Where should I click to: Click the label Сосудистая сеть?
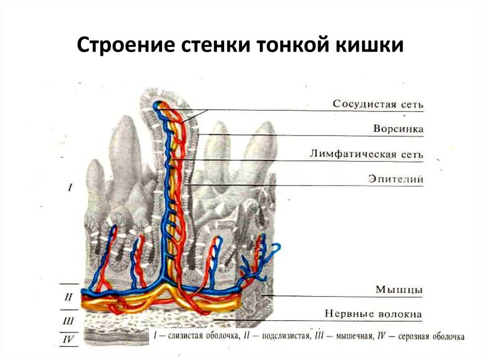(x=378, y=104)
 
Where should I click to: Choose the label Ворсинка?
(x=398, y=129)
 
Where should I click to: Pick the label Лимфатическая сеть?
(x=366, y=154)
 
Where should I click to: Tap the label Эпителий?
(x=396, y=179)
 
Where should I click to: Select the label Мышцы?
(x=399, y=290)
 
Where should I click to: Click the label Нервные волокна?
(x=373, y=314)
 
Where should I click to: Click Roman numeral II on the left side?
(x=68, y=297)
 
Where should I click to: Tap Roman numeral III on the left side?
(x=68, y=322)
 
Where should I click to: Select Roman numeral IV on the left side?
(x=68, y=339)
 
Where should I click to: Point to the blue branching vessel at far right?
(x=272, y=249)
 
